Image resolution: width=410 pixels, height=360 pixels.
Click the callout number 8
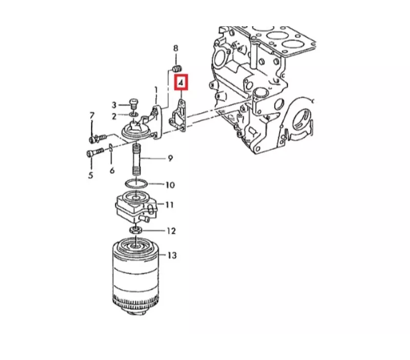pyautogui.click(x=176, y=48)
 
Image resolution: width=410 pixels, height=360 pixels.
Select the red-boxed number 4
pyautogui.click(x=181, y=83)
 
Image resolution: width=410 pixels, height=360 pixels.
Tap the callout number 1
pyautogui.click(x=156, y=91)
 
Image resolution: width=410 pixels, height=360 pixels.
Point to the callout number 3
pyautogui.click(x=114, y=105)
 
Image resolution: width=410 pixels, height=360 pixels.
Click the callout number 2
pyautogui.click(x=114, y=116)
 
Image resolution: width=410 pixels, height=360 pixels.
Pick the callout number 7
pyautogui.click(x=92, y=115)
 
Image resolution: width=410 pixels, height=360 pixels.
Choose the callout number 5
pyautogui.click(x=91, y=175)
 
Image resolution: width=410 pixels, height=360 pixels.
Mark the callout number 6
pyautogui.click(x=112, y=171)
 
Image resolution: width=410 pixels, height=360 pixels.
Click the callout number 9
pyautogui.click(x=170, y=158)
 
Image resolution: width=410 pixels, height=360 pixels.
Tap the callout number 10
pyautogui.click(x=170, y=185)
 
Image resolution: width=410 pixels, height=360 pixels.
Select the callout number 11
pyautogui.click(x=170, y=204)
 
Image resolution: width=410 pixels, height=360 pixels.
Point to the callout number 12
pyautogui.click(x=171, y=231)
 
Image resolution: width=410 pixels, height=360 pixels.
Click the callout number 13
pyautogui.click(x=172, y=255)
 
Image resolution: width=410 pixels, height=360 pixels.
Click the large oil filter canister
pyautogui.click(x=136, y=277)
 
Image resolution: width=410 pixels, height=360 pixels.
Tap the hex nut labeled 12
pyautogui.click(x=136, y=230)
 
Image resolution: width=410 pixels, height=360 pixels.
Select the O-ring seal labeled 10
pyautogui.click(x=136, y=184)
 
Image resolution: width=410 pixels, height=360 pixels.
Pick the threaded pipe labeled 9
pyautogui.click(x=136, y=159)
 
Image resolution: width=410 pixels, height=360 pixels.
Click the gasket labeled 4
pyautogui.click(x=178, y=115)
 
